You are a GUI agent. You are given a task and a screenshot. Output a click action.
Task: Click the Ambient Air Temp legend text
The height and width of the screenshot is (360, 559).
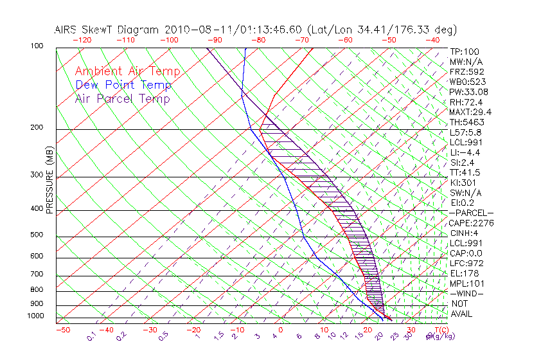[x=127, y=71]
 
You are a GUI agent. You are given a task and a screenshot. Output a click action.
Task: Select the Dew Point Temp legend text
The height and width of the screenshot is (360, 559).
[x=123, y=85]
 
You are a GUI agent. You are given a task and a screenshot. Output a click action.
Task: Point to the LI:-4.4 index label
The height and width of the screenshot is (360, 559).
[x=465, y=152]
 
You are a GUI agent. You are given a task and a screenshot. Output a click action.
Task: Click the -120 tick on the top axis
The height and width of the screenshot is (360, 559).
[x=81, y=40]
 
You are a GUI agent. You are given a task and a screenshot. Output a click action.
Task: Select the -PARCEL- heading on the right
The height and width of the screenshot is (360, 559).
[x=472, y=213]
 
